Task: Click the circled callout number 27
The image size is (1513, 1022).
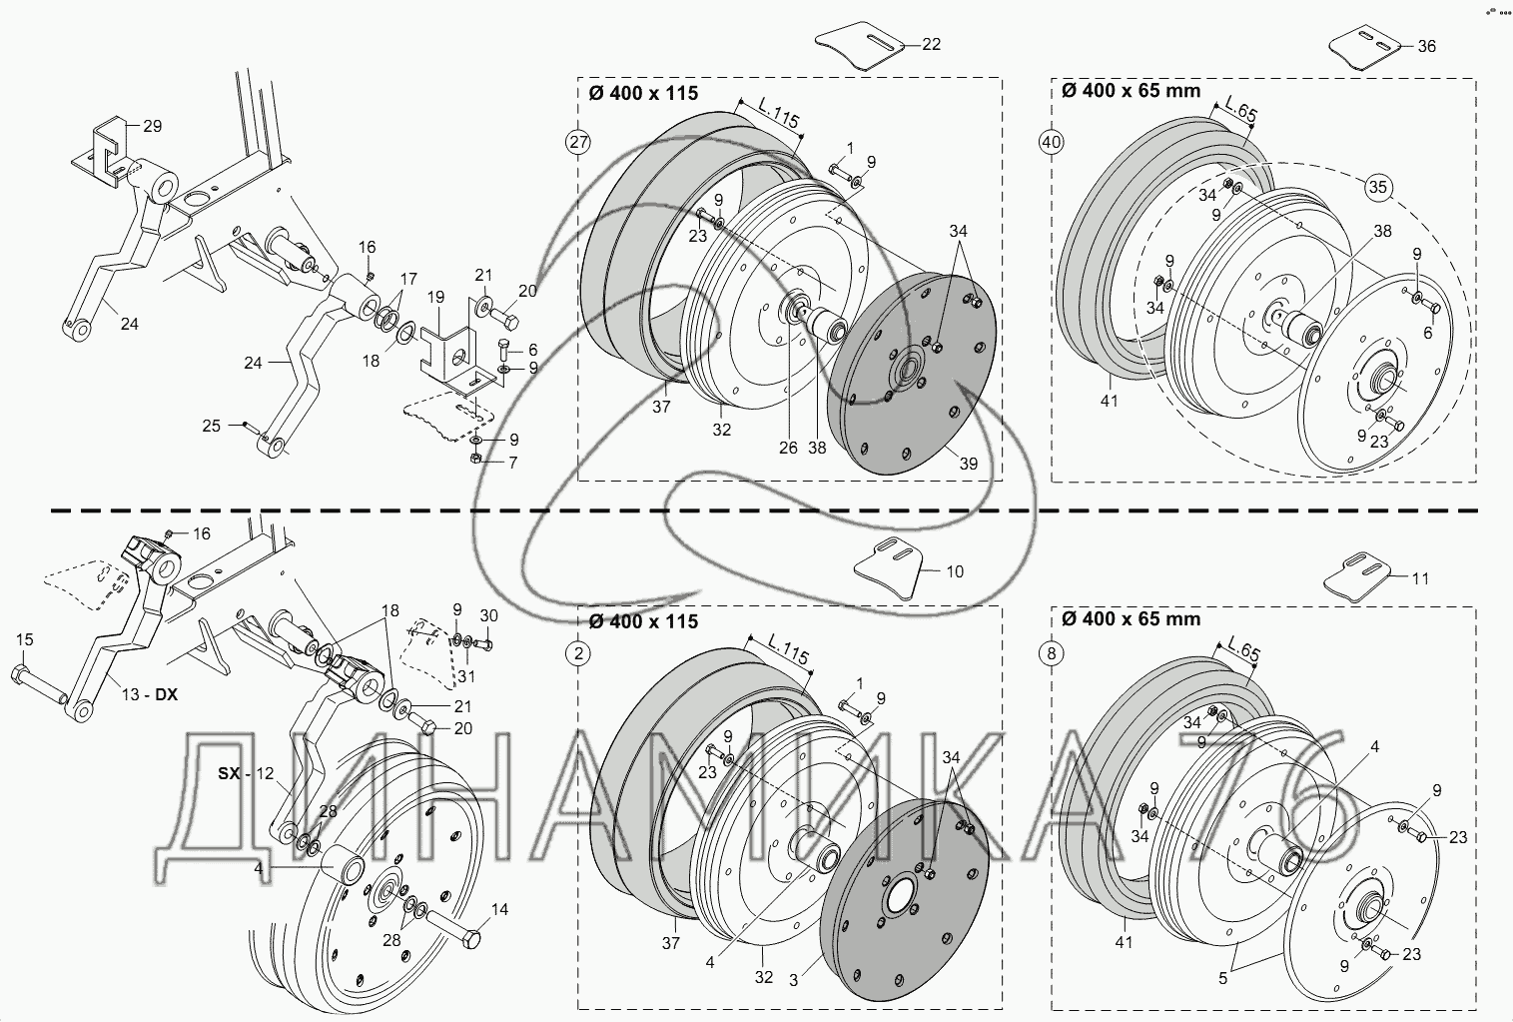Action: [x=579, y=143]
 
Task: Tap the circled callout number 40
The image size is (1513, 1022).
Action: [x=1051, y=143]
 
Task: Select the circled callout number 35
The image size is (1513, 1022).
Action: [x=1377, y=187]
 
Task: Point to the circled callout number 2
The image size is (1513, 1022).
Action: [x=578, y=653]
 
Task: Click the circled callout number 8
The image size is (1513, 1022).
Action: [x=1051, y=653]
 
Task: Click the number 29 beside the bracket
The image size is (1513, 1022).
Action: [x=153, y=126]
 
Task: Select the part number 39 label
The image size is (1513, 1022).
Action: [x=969, y=465]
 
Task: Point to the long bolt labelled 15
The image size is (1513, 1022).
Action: [x=39, y=683]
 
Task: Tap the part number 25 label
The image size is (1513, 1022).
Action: [x=212, y=427]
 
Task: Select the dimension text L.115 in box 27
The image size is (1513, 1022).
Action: [x=779, y=114]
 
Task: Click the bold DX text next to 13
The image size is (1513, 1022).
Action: [x=166, y=695]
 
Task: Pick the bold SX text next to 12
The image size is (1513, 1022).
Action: [x=229, y=773]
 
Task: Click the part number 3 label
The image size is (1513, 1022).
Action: [x=794, y=980]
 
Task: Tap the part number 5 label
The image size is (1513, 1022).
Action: [x=1222, y=978]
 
